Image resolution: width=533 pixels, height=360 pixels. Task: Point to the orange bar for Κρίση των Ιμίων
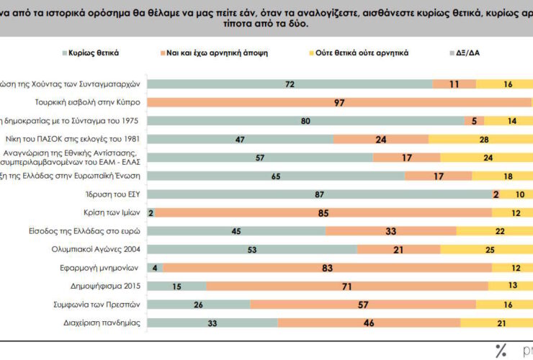[x=323, y=212]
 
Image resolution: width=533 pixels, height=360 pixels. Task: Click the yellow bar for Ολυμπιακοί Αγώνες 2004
[x=486, y=249]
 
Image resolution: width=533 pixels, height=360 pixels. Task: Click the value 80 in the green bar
[x=305, y=120]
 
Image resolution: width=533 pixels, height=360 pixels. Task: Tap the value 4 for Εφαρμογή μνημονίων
[x=155, y=268]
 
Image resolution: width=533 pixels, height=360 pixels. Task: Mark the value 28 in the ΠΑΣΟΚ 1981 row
[x=484, y=139]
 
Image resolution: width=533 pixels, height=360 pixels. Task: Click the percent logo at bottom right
[x=502, y=351]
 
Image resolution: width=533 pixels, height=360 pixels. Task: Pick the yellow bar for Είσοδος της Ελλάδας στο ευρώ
[x=495, y=231]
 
